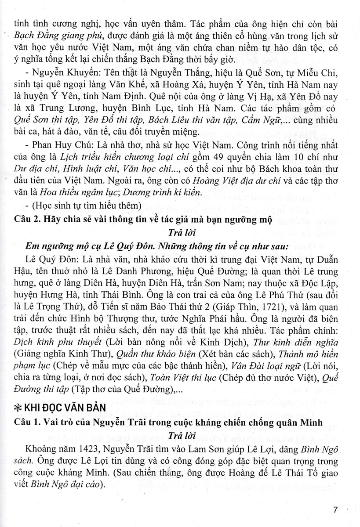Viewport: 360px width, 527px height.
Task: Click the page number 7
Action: click(335, 510)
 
